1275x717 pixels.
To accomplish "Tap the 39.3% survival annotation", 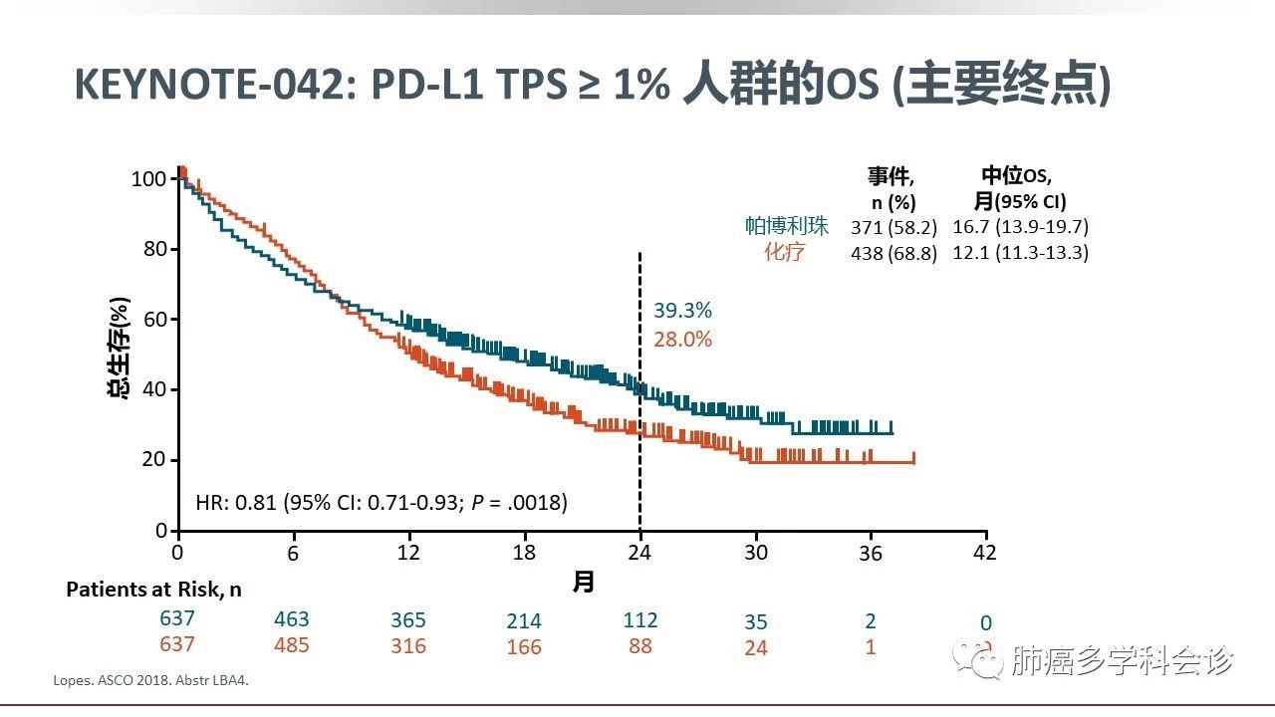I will pyautogui.click(x=682, y=310).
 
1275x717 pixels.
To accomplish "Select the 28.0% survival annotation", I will pyautogui.click(x=682, y=340).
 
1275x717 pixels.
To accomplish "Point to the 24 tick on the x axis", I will pyautogui.click(x=639, y=553).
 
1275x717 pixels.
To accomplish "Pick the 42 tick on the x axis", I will pyautogui.click(x=985, y=553).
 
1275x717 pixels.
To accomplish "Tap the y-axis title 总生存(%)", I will pyautogui.click(x=120, y=348).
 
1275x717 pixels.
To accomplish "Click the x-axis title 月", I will pyautogui.click(x=583, y=582).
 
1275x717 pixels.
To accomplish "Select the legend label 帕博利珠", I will pyautogui.click(x=787, y=226).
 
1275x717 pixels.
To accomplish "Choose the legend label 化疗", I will pyautogui.click(x=784, y=253).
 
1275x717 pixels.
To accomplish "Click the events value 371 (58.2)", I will pyautogui.click(x=893, y=227).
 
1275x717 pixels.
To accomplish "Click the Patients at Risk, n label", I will pyautogui.click(x=153, y=590).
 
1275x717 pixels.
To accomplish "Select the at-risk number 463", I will pyautogui.click(x=292, y=619).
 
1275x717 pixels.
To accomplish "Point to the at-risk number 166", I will pyautogui.click(x=524, y=647).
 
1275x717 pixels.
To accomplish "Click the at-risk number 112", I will pyautogui.click(x=640, y=620).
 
